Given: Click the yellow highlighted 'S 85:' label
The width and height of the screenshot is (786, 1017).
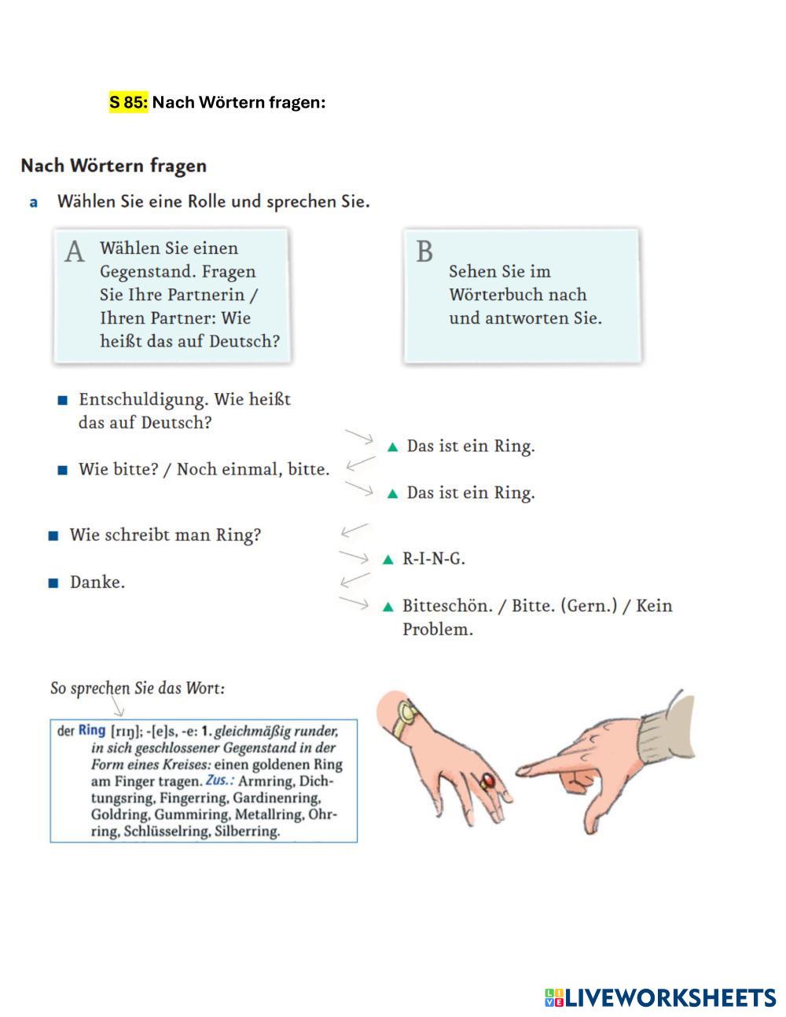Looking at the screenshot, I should (128, 103).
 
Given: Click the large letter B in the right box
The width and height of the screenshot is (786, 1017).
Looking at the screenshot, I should (424, 252).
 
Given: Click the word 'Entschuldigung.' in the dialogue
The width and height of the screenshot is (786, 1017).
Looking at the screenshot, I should (144, 399).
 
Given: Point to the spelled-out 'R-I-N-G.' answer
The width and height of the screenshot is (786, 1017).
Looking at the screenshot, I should (433, 559).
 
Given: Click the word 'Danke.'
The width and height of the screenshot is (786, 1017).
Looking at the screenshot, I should (97, 582).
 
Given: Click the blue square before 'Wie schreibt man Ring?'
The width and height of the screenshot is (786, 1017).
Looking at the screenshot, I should (53, 536).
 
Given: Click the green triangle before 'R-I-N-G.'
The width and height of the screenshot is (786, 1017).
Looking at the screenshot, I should (387, 560).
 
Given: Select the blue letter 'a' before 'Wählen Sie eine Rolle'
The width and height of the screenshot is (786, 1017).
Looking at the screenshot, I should (34, 202).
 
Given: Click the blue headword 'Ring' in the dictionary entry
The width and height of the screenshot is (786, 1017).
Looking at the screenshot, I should (92, 730).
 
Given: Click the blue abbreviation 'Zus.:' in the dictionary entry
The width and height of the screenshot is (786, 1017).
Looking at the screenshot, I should (219, 781).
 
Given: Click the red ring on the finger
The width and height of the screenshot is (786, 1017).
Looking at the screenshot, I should (487, 780).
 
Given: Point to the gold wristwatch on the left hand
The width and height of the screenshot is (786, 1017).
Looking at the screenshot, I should (407, 716).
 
